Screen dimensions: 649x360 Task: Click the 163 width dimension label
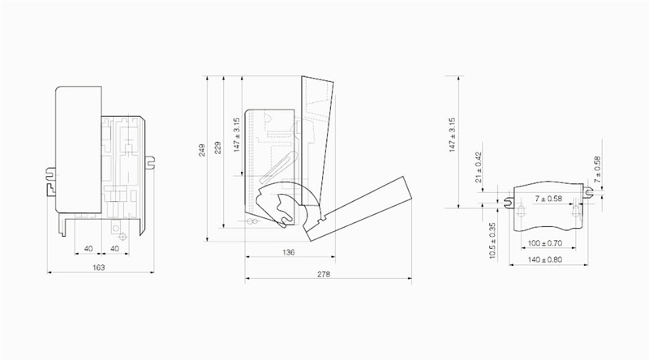(x=98, y=268)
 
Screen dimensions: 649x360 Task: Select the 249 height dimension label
(x=202, y=150)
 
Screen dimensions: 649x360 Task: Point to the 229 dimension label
(x=217, y=148)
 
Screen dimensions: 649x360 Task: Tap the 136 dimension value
(x=289, y=252)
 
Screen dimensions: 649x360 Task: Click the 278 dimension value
(x=324, y=274)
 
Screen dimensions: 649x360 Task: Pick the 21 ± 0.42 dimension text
(x=479, y=168)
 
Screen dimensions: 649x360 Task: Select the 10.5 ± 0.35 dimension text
(x=492, y=242)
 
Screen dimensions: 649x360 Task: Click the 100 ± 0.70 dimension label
(x=544, y=243)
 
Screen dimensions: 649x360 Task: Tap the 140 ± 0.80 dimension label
(x=544, y=259)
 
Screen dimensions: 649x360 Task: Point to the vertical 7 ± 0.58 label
(x=597, y=170)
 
